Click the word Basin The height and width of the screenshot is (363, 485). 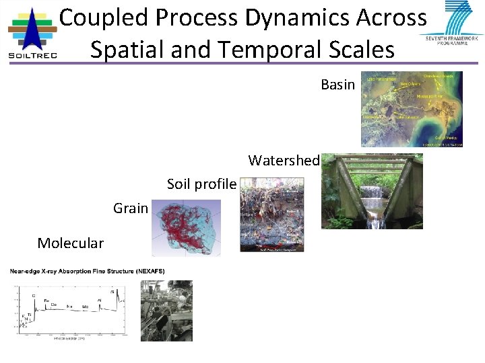click(x=337, y=85)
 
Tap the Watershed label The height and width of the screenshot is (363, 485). click(x=283, y=161)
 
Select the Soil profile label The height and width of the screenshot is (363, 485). click(x=201, y=184)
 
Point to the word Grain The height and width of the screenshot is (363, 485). click(x=131, y=208)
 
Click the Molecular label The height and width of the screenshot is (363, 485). click(x=71, y=243)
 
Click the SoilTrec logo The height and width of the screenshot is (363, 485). click(x=32, y=34)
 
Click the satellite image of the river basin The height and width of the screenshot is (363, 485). click(x=412, y=109)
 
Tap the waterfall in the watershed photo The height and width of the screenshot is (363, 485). click(x=371, y=194)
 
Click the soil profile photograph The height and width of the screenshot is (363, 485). click(x=272, y=214)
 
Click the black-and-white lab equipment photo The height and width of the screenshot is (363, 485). click(x=166, y=311)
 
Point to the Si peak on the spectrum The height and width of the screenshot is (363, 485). click(x=112, y=292)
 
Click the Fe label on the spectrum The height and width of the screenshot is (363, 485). click(x=46, y=300)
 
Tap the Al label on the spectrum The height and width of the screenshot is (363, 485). click(x=100, y=300)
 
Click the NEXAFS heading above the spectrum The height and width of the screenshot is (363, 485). click(x=87, y=271)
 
